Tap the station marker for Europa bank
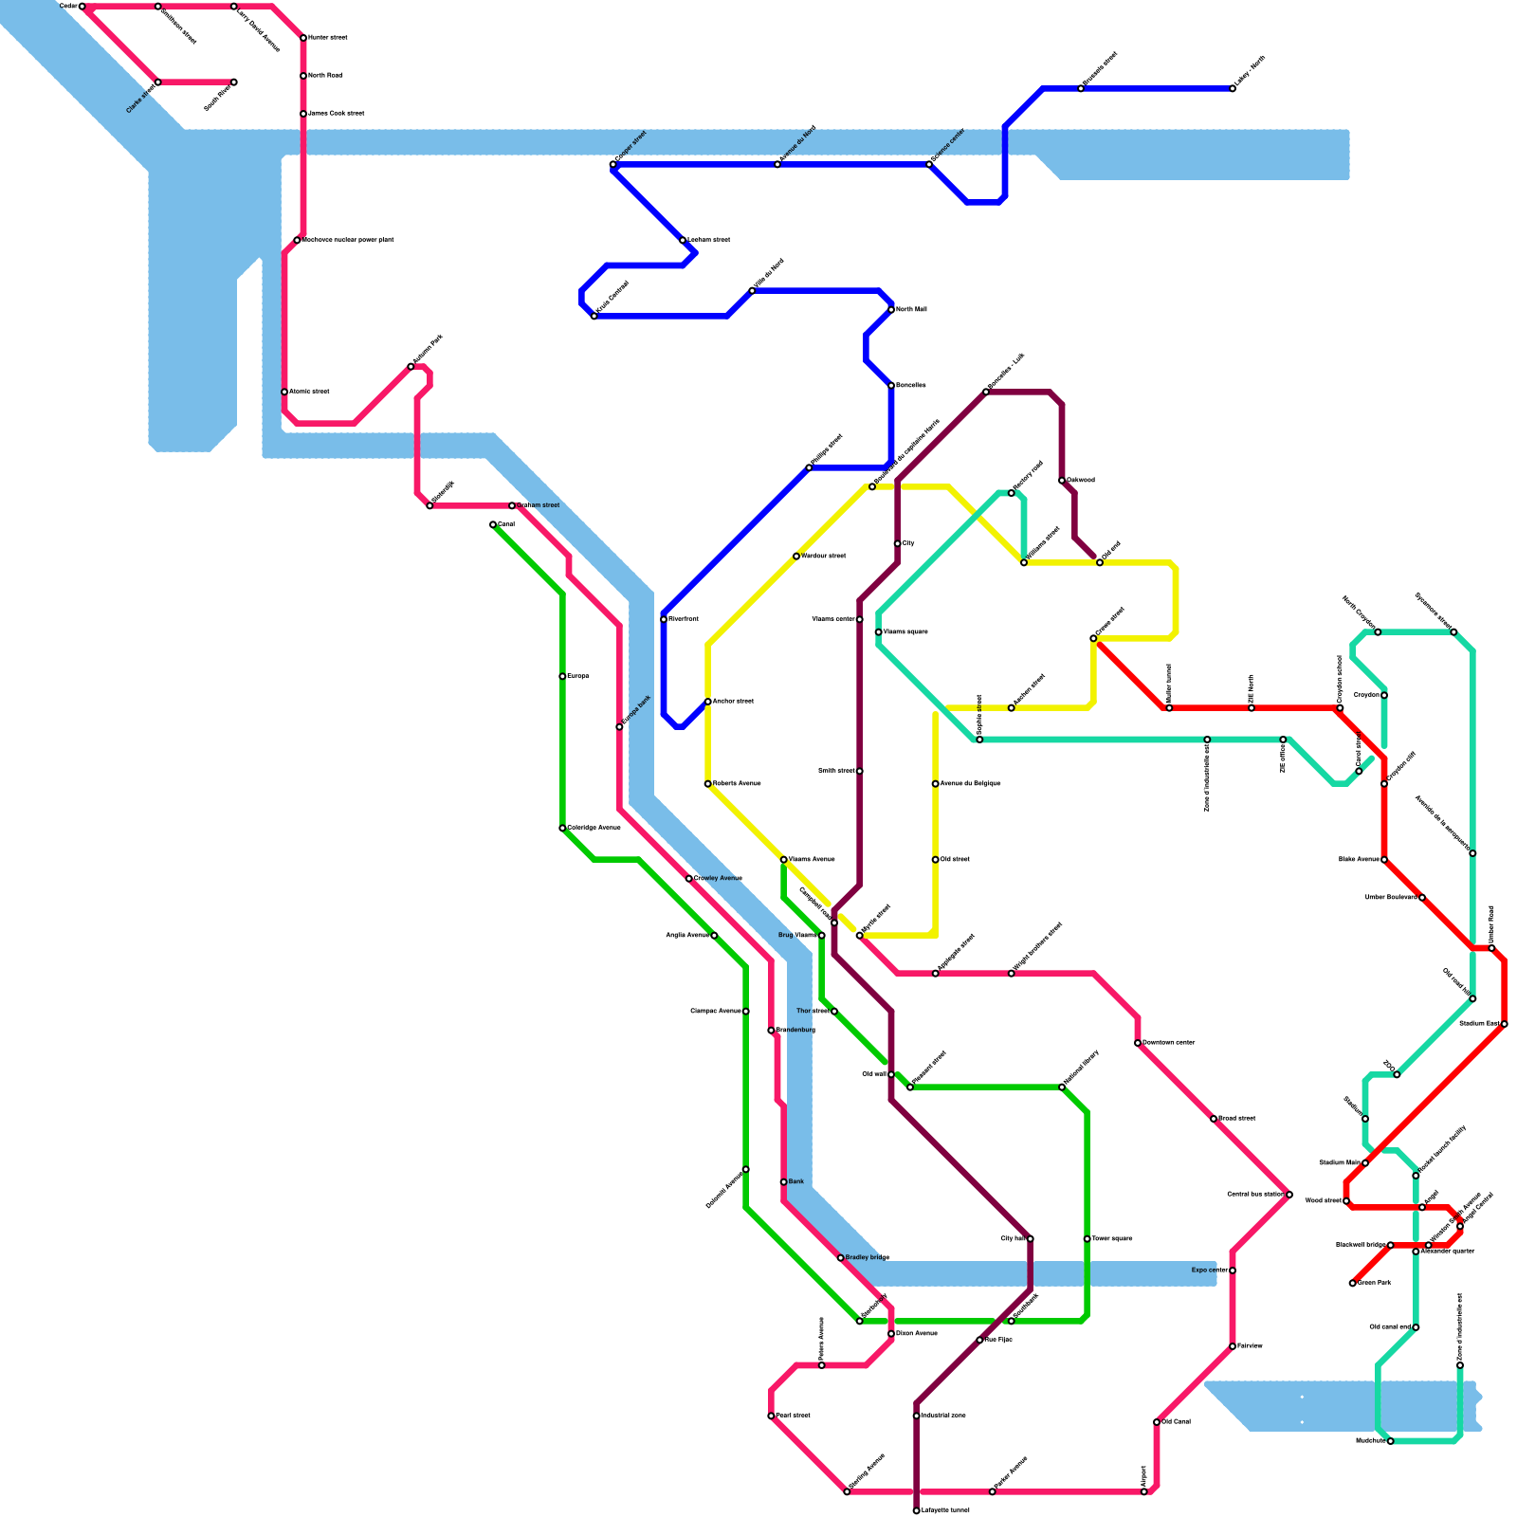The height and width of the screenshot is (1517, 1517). coord(619,727)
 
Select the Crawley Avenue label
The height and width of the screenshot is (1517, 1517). coord(718,878)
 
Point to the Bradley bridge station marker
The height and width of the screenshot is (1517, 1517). coord(840,1257)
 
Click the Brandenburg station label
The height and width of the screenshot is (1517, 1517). coord(795,1030)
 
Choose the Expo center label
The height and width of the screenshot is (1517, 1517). coord(1209,1270)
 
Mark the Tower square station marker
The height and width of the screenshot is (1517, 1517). coord(1087,1238)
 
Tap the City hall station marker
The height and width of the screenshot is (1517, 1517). coord(1030,1238)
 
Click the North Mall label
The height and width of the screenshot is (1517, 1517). coord(911,309)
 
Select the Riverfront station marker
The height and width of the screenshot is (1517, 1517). coord(664,619)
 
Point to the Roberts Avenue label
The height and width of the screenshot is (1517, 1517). coord(737,783)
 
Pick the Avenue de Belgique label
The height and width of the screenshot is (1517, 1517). coord(970,783)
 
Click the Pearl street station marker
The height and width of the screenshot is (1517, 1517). coord(771,1416)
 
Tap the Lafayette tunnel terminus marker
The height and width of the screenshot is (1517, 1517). coord(916,1510)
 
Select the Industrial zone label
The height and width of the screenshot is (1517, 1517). coord(943,1416)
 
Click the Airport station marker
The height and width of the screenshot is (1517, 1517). coord(1143,1491)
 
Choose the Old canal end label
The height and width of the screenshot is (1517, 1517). coord(1390,1326)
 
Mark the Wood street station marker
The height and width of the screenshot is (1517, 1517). coord(1346,1201)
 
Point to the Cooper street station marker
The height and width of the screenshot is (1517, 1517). coord(613,165)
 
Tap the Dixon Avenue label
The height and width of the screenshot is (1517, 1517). coord(916,1333)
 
